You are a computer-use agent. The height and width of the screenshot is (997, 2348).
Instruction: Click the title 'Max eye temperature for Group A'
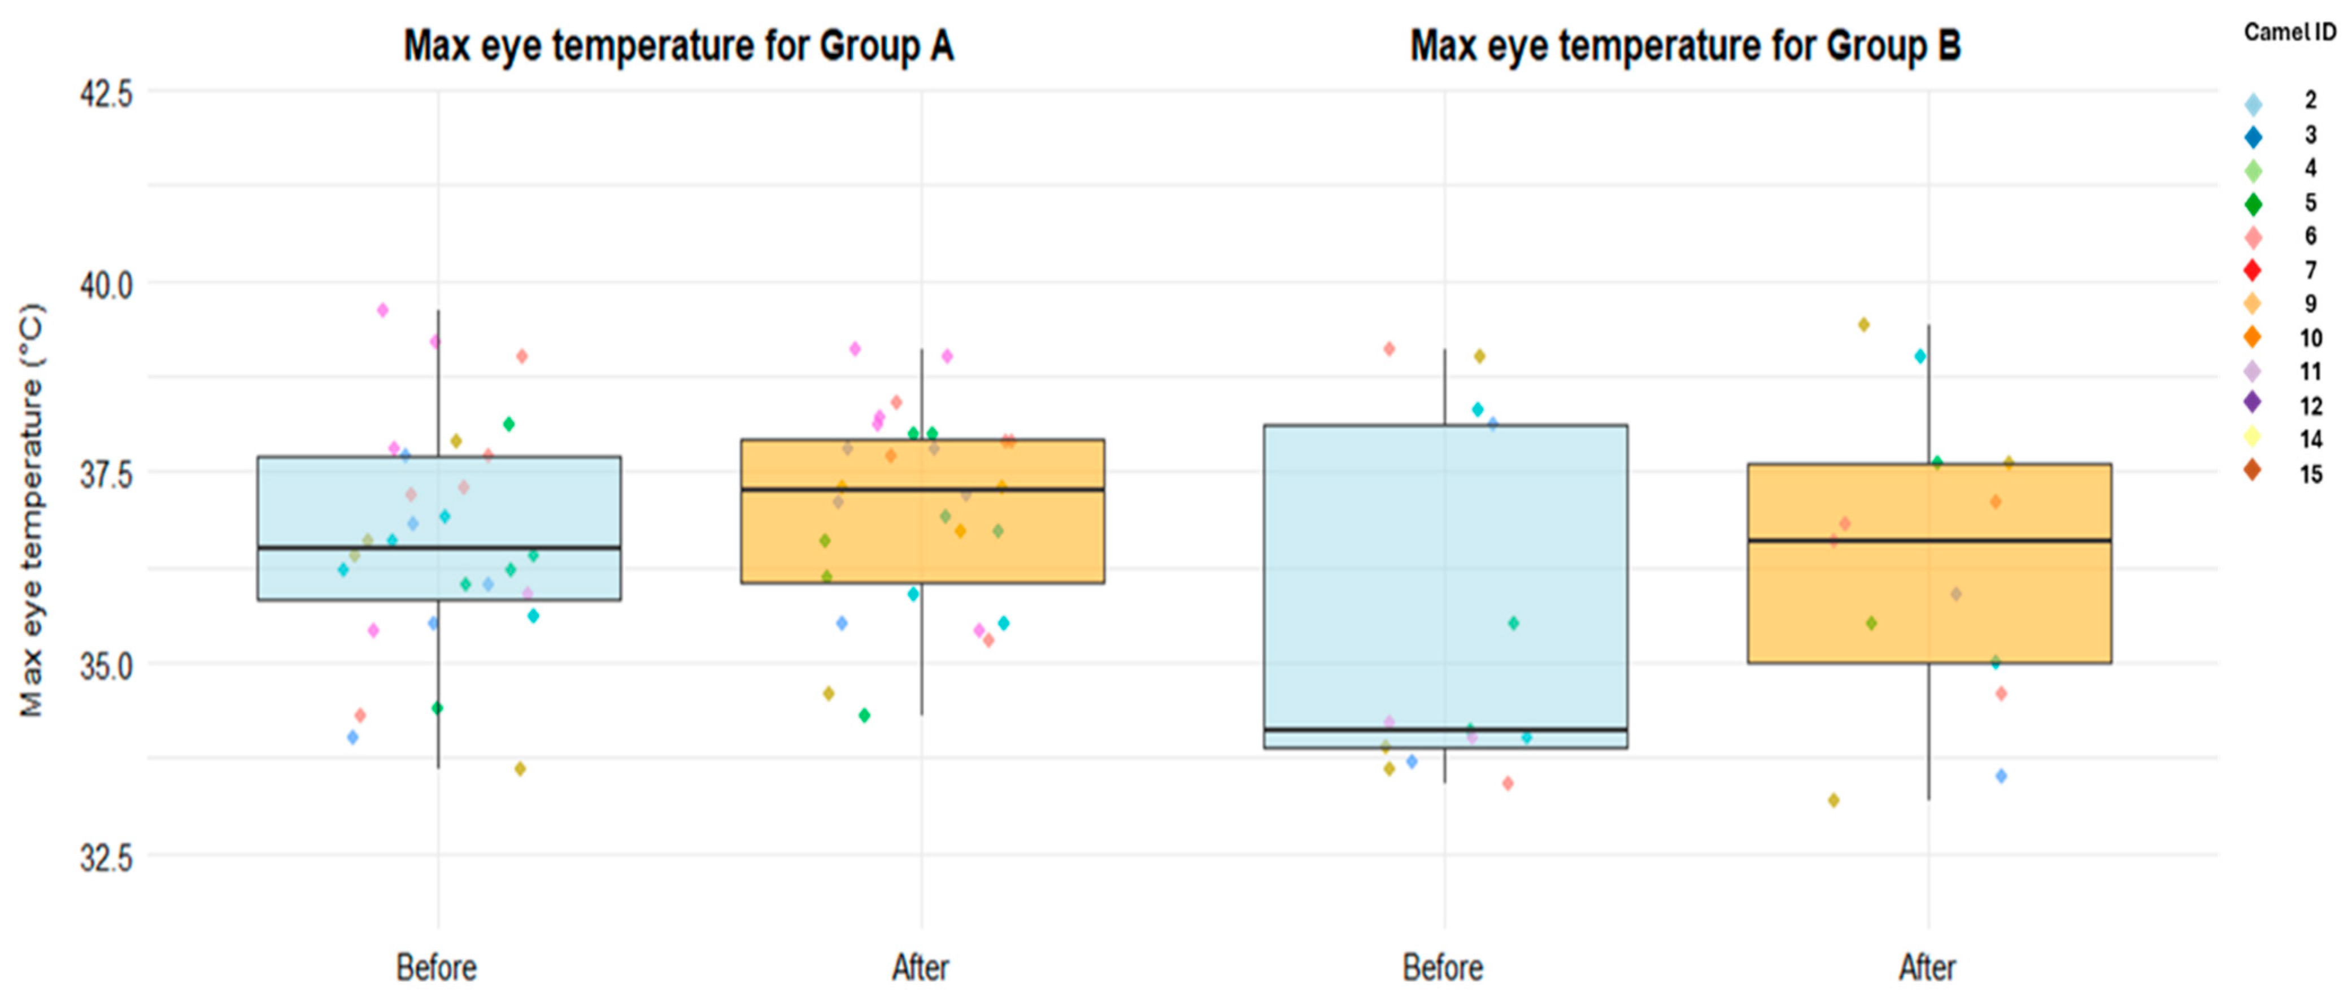coord(679,46)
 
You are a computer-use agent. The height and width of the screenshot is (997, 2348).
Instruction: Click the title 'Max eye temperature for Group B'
coord(1685,46)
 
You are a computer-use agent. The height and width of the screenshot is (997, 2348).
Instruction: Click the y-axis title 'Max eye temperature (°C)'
coord(32,510)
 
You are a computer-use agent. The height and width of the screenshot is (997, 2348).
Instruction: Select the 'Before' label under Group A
coord(437,968)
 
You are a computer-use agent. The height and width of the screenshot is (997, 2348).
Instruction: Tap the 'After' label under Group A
coord(921,968)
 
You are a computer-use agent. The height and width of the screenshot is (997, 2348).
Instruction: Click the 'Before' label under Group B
coord(1443,968)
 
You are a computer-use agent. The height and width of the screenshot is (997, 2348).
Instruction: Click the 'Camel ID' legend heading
coord(2290,32)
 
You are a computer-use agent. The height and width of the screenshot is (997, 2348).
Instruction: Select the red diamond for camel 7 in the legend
coord(2253,271)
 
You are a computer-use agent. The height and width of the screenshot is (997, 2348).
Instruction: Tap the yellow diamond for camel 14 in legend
coord(2253,437)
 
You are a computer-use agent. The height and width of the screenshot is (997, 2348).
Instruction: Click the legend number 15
coord(2311,474)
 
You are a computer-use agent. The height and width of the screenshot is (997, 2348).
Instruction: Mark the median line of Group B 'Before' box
coord(1445,729)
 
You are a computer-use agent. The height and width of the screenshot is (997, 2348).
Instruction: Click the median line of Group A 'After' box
coord(922,489)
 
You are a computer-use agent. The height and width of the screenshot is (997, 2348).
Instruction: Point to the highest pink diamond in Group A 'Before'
coord(383,310)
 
